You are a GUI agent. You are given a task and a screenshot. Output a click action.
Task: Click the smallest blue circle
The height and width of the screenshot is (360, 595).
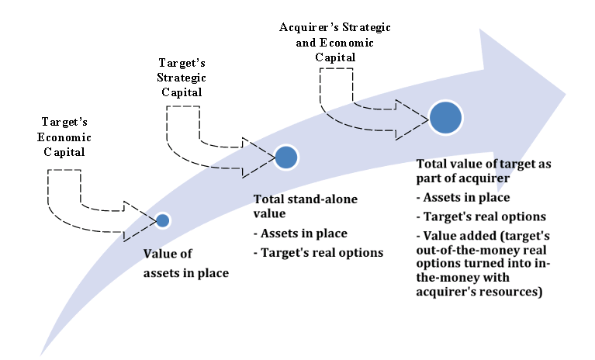[162, 220]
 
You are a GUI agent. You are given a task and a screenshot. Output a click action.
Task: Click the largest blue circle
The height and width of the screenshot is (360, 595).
[447, 117]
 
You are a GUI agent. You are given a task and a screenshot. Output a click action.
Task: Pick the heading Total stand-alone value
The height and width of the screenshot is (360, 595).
[306, 206]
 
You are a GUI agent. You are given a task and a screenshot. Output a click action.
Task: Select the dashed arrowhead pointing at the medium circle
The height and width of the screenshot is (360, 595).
[258, 154]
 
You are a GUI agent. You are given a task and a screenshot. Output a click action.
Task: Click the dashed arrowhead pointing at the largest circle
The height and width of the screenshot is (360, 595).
[414, 117]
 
